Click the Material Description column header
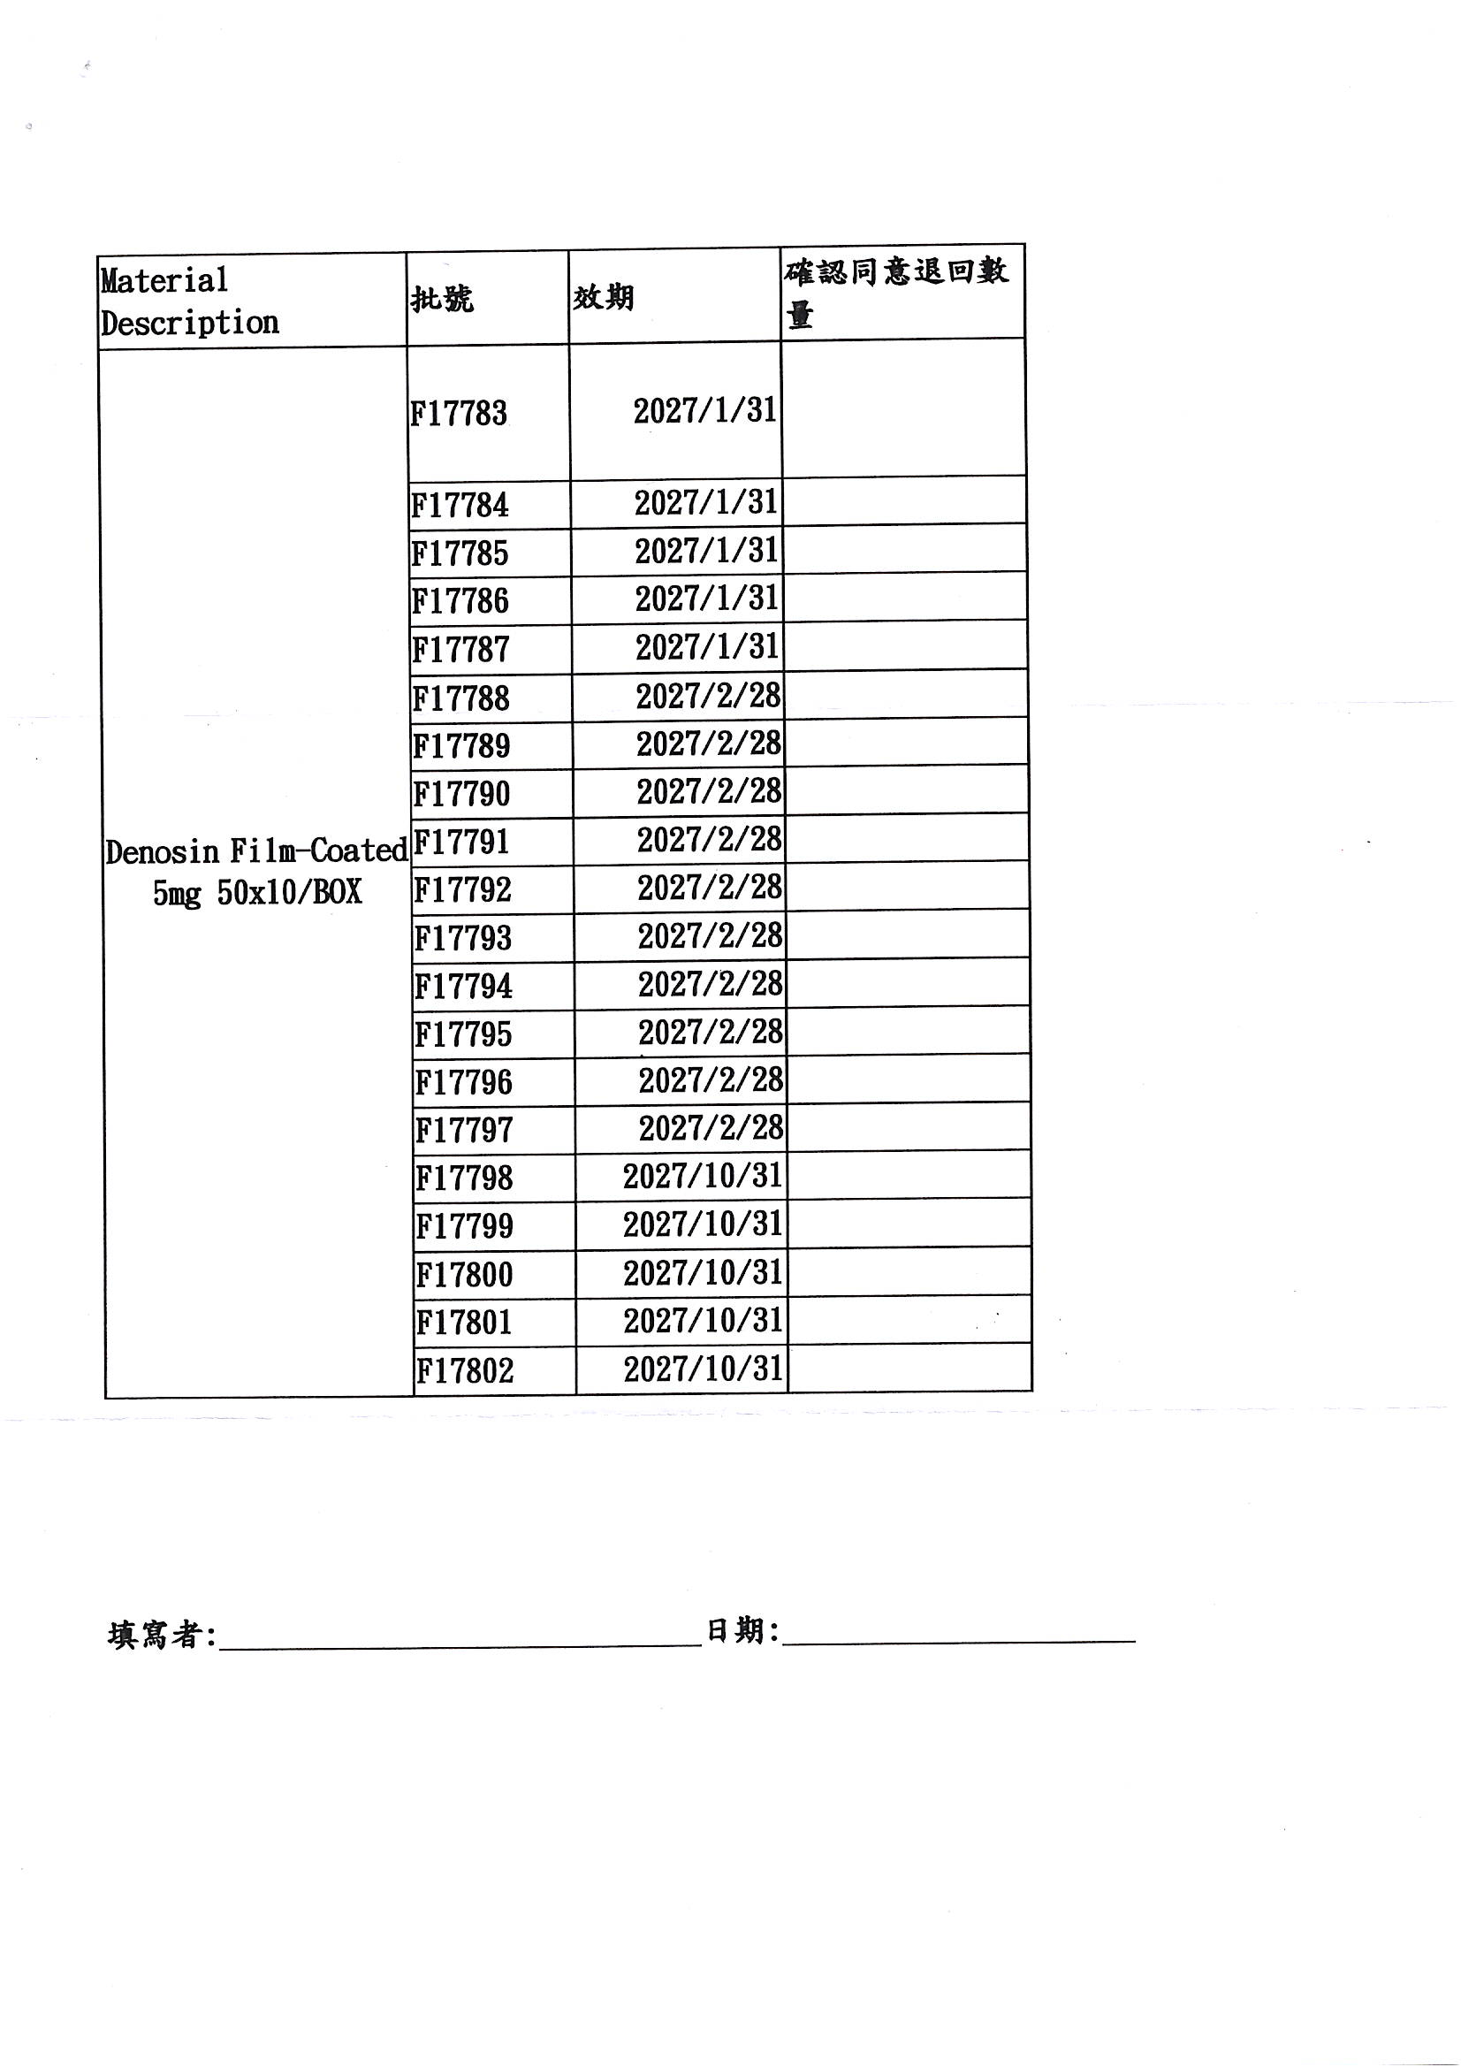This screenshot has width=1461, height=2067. pyautogui.click(x=189, y=301)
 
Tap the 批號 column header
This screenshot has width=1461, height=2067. pyautogui.click(x=441, y=298)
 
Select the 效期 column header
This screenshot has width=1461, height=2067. pyautogui.click(x=603, y=296)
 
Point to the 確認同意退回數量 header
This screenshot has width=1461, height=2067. pyautogui.click(x=896, y=292)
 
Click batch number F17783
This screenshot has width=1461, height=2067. pyautogui.click(x=459, y=413)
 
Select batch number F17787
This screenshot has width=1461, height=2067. pyautogui.click(x=460, y=649)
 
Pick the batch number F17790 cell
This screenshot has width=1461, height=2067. pyautogui.click(x=461, y=794)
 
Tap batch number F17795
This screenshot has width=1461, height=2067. pyautogui.click(x=464, y=1034)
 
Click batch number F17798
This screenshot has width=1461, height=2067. pyautogui.click(x=465, y=1178)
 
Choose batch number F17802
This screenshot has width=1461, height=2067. pyautogui.click(x=466, y=1371)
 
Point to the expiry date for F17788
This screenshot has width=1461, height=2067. pyautogui.click(x=709, y=696)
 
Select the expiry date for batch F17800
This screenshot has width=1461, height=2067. pyautogui.click(x=703, y=1273)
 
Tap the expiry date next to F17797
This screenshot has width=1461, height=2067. pyautogui.click(x=711, y=1128)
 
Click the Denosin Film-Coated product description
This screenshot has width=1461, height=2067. pyautogui.click(x=256, y=872)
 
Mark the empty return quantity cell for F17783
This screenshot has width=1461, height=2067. pyautogui.click(x=904, y=408)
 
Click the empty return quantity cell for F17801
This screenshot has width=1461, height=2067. pyautogui.click(x=909, y=1321)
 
